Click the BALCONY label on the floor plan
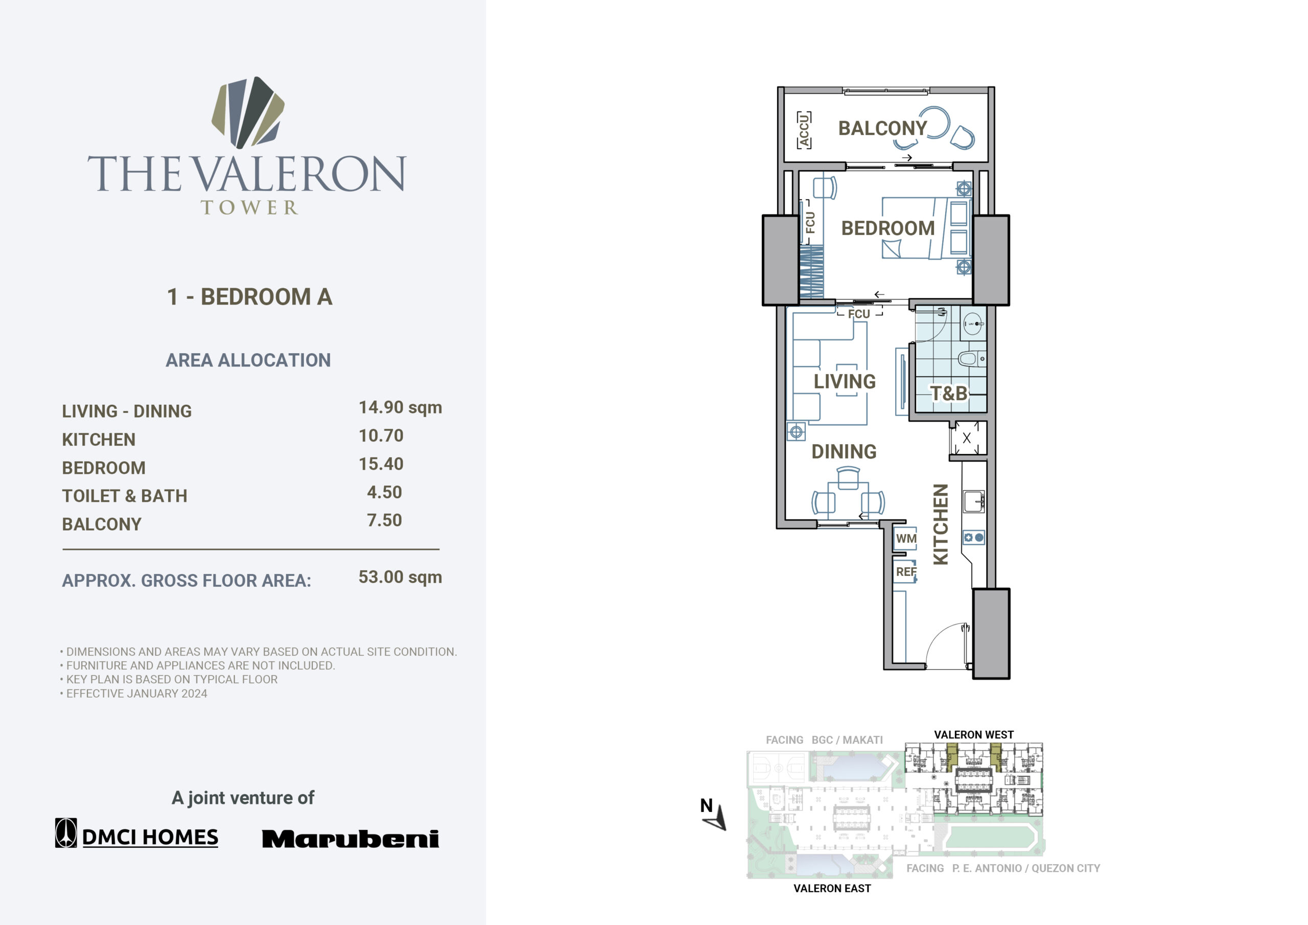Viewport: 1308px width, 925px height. pyautogui.click(x=882, y=128)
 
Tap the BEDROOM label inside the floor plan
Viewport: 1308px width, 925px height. pyautogui.click(x=887, y=228)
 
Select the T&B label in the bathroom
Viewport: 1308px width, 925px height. pyautogui.click(x=948, y=394)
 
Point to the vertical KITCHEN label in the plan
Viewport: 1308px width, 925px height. pyautogui.click(x=941, y=524)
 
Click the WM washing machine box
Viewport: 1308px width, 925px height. pyautogui.click(x=905, y=538)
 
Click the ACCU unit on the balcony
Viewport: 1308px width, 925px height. pyautogui.click(x=804, y=130)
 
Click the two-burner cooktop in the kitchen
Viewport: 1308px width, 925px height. pyautogui.click(x=974, y=538)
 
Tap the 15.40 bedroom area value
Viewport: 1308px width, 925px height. pyautogui.click(x=381, y=464)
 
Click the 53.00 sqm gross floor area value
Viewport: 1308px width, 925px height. pyautogui.click(x=400, y=577)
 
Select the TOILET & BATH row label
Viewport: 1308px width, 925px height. pyautogui.click(x=124, y=496)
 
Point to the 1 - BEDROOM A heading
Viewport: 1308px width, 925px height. pyautogui.click(x=249, y=297)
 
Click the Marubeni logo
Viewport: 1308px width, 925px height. pyautogui.click(x=351, y=838)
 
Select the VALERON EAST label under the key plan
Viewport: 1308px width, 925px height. pyautogui.click(x=832, y=888)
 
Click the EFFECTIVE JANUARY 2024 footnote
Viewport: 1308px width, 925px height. pyautogui.click(x=137, y=693)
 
